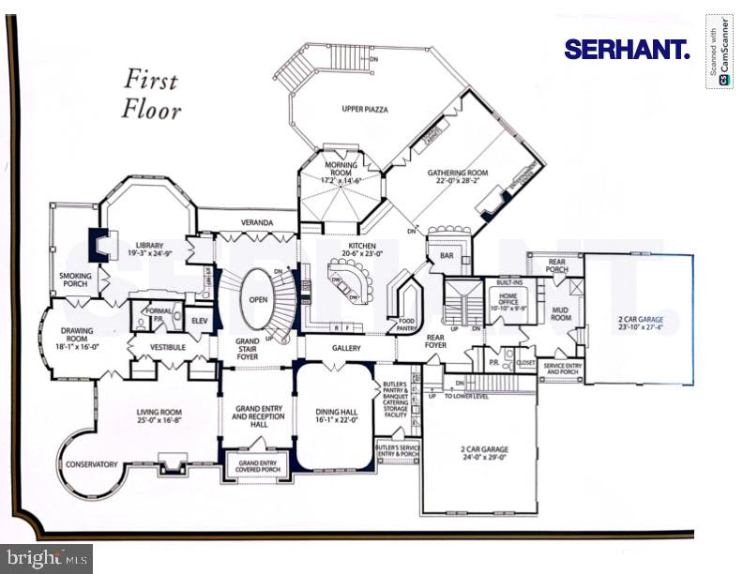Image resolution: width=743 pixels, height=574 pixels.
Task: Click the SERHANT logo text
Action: pos(627,50)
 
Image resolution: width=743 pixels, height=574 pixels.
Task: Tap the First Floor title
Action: pos(152,93)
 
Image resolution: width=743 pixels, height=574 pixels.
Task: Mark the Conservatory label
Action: pos(91,464)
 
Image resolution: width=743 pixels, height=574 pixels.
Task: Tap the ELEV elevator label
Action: pos(199,321)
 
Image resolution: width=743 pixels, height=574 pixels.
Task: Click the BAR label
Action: pos(446,256)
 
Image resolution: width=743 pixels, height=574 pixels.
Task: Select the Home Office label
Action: pos(508,301)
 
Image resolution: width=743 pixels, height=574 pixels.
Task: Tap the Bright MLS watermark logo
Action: pos(46,559)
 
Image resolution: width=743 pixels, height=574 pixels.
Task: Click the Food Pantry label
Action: pos(406,324)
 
